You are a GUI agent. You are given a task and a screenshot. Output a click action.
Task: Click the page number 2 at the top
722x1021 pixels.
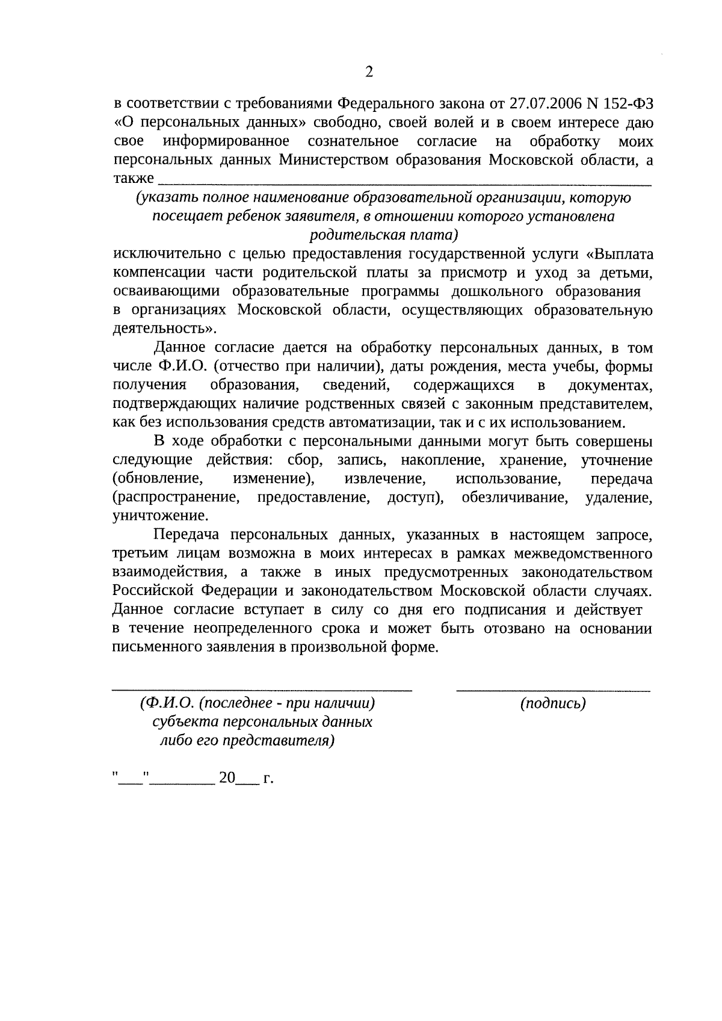click(x=369, y=73)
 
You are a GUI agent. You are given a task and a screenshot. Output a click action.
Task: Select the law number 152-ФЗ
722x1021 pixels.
click(x=629, y=103)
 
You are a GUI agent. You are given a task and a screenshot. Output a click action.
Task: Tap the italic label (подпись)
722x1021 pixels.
click(x=552, y=703)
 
